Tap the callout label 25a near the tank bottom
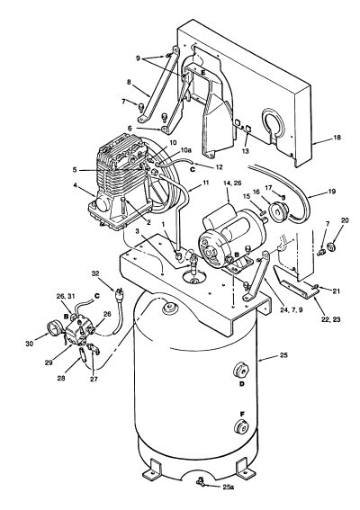(229, 488)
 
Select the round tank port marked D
(240, 371)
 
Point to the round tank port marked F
(240, 428)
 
